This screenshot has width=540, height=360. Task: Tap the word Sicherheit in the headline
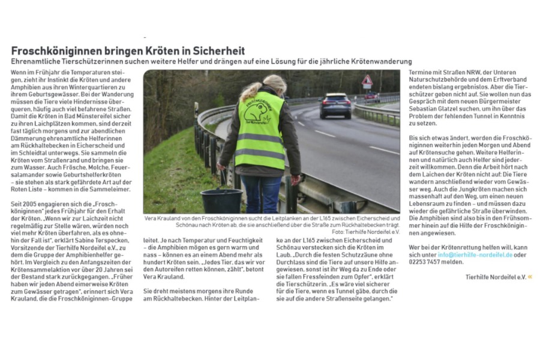(216, 51)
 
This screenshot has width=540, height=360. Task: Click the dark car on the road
(335, 105)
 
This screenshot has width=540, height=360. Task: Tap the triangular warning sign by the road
(367, 80)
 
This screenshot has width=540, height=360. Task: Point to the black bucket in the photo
(221, 200)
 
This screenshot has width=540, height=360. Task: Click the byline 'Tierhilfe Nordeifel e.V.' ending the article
(495, 277)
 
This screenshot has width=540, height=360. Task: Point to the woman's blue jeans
(260, 192)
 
